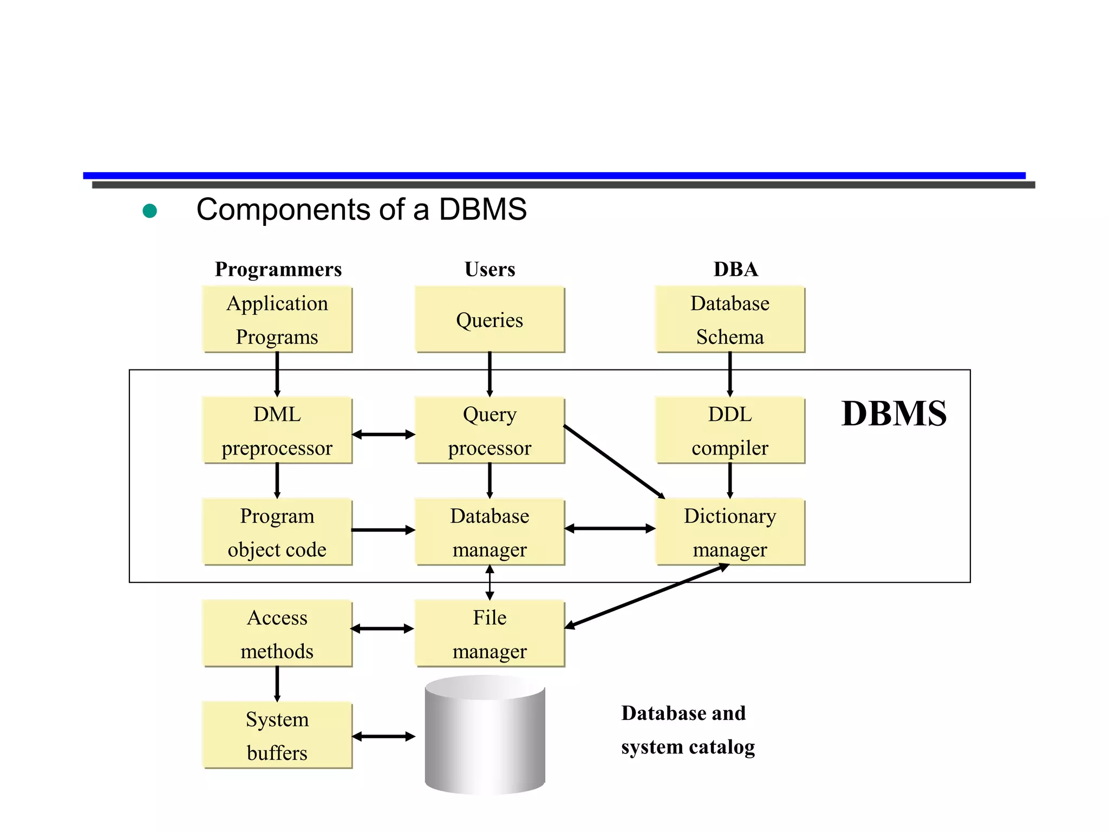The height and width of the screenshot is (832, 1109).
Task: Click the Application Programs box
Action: click(x=277, y=320)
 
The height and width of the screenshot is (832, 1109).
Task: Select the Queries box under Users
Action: click(x=490, y=320)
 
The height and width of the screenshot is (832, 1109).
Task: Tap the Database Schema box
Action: click(x=729, y=320)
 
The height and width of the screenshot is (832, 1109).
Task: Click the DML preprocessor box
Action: click(x=277, y=431)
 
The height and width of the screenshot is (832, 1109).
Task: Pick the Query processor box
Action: click(x=490, y=431)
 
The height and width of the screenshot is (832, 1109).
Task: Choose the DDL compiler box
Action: click(x=729, y=431)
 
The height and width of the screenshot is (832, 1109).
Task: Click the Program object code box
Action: click(x=277, y=532)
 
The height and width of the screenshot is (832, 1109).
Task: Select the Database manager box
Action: click(x=490, y=532)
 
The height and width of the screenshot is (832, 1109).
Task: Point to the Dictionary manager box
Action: click(x=729, y=532)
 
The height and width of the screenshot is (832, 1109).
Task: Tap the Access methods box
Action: click(x=277, y=634)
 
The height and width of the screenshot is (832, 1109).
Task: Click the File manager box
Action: click(x=490, y=634)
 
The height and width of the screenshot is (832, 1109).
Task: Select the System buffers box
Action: click(x=277, y=735)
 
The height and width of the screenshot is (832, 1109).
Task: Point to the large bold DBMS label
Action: click(x=893, y=414)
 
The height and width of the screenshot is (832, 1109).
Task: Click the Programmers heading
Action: click(x=278, y=269)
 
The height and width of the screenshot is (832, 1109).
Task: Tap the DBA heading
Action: click(x=735, y=269)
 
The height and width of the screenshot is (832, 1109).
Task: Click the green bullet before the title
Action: click(x=149, y=211)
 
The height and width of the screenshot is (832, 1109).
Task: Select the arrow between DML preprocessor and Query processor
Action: click(x=383, y=434)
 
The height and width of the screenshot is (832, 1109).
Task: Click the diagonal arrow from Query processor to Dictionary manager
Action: click(x=614, y=461)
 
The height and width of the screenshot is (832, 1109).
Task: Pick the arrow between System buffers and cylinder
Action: click(x=383, y=736)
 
